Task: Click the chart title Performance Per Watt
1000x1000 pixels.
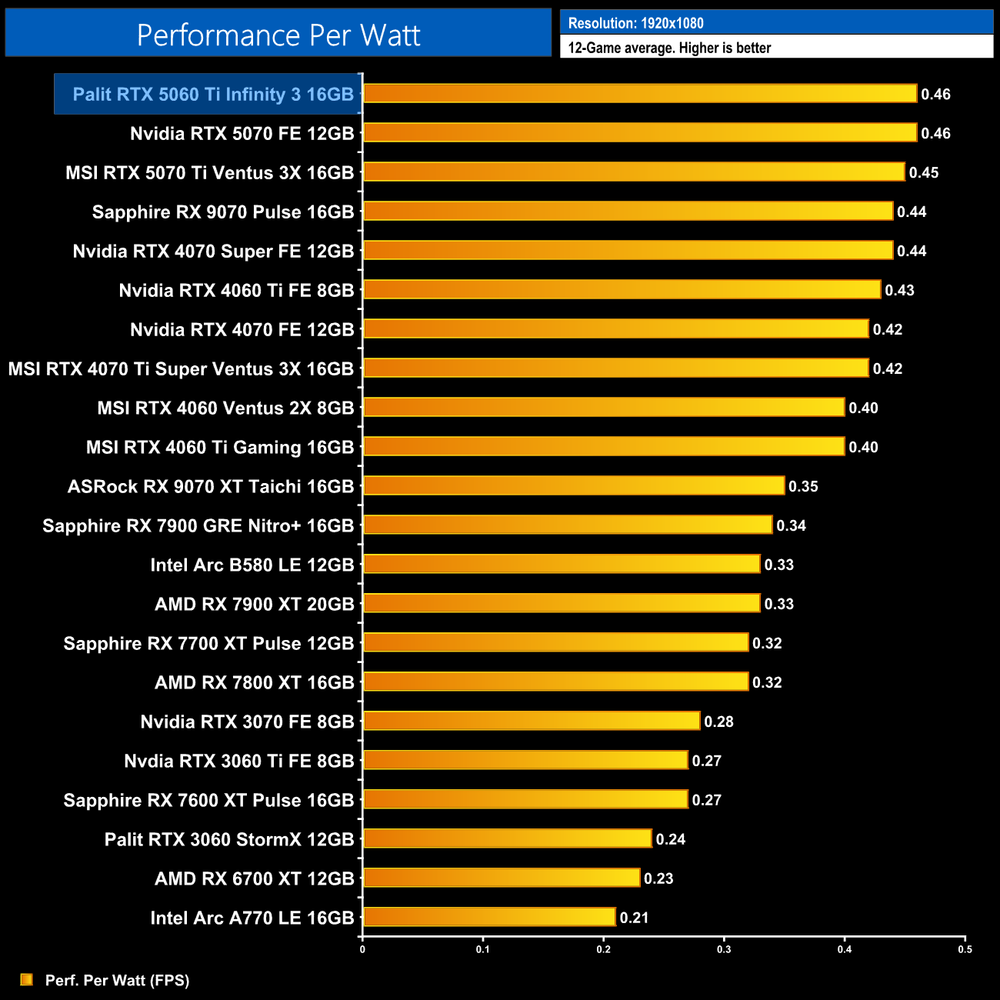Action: point(278,35)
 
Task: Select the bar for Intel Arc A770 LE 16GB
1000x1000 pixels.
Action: point(489,917)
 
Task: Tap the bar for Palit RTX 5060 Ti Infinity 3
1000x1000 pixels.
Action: point(640,94)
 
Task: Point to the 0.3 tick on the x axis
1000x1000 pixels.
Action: point(724,949)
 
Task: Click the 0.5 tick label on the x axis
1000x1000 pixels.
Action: point(965,949)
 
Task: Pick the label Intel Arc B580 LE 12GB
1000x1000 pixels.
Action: point(252,565)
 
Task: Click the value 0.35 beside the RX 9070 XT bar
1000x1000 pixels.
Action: point(803,486)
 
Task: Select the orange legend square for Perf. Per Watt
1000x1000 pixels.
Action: point(27,979)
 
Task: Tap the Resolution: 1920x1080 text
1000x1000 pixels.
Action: point(635,23)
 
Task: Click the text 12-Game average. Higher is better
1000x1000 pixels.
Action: point(669,48)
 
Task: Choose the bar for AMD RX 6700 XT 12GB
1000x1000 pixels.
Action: point(502,878)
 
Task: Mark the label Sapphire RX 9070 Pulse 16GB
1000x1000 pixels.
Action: point(223,212)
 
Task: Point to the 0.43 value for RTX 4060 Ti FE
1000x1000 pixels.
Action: point(899,290)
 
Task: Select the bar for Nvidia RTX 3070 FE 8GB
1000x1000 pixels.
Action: point(532,721)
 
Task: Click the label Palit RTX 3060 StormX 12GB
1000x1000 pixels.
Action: point(229,839)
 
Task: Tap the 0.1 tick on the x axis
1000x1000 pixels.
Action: point(482,949)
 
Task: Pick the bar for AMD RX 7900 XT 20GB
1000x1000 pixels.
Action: point(562,603)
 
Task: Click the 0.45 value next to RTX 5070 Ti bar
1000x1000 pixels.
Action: point(924,172)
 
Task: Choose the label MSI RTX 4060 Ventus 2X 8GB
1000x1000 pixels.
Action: point(225,408)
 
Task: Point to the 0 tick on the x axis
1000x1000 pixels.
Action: point(362,949)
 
